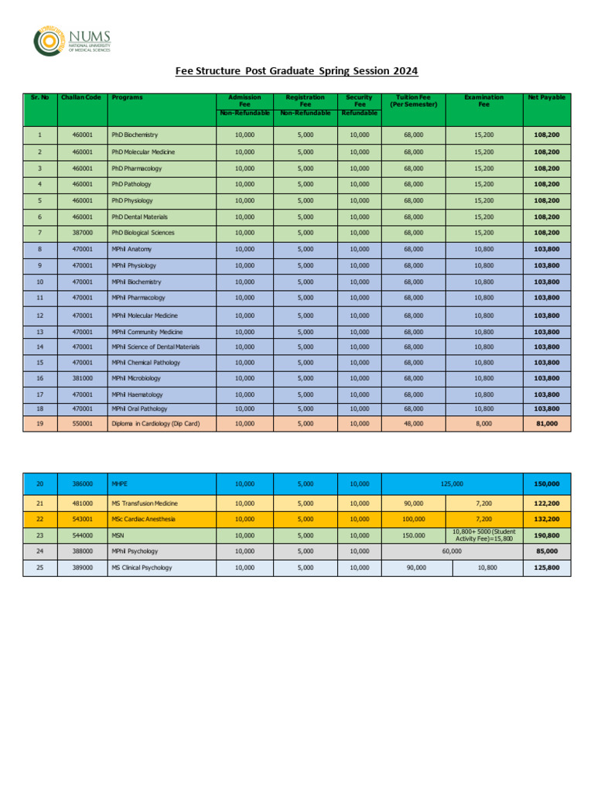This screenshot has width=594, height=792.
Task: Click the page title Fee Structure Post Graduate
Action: pos(296,71)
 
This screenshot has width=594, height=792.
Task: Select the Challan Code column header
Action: pos(82,98)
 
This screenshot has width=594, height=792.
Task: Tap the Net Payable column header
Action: pos(546,98)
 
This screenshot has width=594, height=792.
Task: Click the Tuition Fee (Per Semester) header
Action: pos(414,101)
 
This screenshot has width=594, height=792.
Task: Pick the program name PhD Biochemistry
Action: pos(135,135)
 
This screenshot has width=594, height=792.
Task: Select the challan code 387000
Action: pos(82,233)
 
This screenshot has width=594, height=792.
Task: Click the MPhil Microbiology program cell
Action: pos(136,378)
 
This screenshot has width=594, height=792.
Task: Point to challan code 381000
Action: pos(82,378)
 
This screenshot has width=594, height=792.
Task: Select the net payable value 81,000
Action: pos(546,424)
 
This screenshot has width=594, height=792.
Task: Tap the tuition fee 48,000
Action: pos(414,424)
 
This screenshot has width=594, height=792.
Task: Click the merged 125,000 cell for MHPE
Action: pos(452,483)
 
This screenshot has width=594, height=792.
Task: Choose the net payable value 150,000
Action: pos(546,483)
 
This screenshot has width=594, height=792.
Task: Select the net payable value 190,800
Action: pos(546,534)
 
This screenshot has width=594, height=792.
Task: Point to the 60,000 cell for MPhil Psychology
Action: pos(452,551)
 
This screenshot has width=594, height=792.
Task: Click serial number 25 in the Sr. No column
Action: pos(40,568)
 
